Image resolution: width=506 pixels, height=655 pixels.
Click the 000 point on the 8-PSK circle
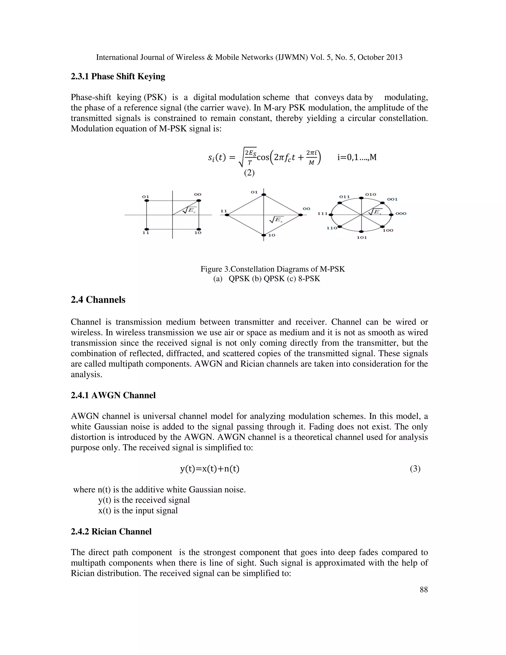pyautogui.click(x=391, y=215)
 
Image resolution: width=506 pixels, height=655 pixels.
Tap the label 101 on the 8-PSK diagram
pyautogui.click(x=362, y=237)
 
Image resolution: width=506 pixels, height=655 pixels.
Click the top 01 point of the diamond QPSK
pyautogui.click(x=263, y=195)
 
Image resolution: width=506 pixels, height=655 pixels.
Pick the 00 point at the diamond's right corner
pyautogui.click(x=300, y=215)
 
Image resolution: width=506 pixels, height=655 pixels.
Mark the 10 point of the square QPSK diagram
pyautogui.click(x=198, y=229)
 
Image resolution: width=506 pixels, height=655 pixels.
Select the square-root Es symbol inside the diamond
pyautogui.click(x=276, y=220)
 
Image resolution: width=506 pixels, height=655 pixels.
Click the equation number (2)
pyautogui.click(x=249, y=173)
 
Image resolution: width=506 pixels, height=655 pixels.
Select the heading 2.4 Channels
pyautogui.click(x=98, y=300)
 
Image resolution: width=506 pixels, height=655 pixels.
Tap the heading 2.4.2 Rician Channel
pyautogui.click(x=111, y=531)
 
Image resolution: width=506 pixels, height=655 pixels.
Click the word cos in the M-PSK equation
pyautogui.click(x=263, y=157)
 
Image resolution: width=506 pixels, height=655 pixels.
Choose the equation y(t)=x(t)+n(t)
pyautogui.click(x=210, y=469)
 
